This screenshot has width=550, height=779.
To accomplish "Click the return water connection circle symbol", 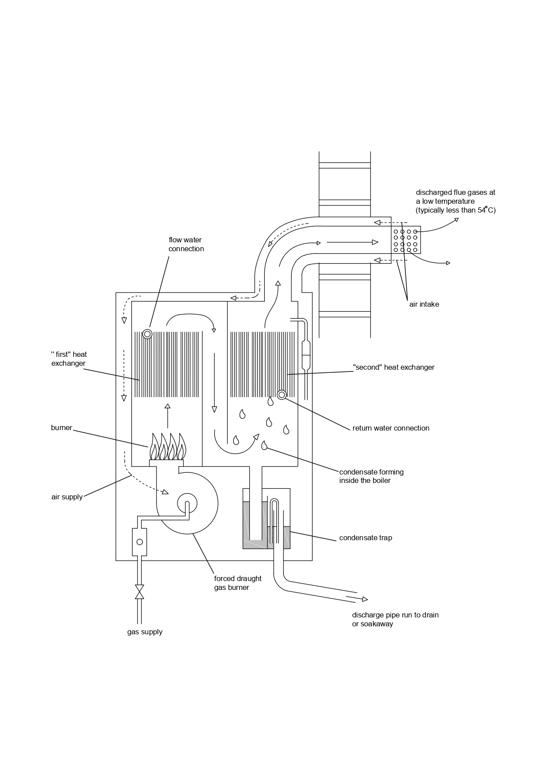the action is [x=282, y=395].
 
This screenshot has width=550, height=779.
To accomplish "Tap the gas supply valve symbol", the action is [x=140, y=592].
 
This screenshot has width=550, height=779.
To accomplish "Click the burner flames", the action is [x=168, y=447].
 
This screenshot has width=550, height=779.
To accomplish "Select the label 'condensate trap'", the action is [x=365, y=538].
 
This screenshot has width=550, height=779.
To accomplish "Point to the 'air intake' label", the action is [x=424, y=304].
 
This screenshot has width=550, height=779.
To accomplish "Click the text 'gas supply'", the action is [x=145, y=632].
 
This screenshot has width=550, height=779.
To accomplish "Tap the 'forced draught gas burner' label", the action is [x=238, y=583].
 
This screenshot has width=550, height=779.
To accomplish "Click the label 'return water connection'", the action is [x=391, y=428].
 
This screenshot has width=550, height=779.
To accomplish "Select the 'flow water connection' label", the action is [x=186, y=245].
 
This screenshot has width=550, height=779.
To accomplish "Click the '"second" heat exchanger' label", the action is [x=393, y=368].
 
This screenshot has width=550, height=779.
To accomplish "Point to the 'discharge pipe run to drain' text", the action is [x=395, y=615].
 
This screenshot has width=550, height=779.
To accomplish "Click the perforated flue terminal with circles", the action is [x=406, y=241].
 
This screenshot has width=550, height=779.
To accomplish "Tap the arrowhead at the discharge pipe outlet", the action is [x=365, y=599].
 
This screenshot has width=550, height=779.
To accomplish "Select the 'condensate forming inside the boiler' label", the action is [x=371, y=476].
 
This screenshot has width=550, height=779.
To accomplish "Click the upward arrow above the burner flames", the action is [x=168, y=415].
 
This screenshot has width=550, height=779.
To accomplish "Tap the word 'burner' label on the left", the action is [x=61, y=428].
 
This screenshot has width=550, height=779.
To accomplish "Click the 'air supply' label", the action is [x=67, y=497].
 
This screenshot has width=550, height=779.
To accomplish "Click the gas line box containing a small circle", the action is [x=140, y=542].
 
